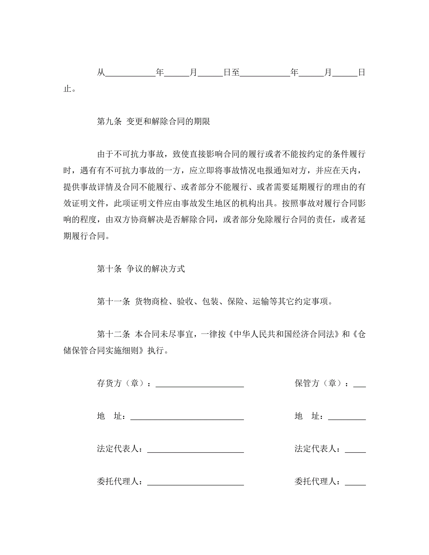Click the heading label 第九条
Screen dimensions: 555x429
(109, 121)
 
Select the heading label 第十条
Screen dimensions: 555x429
(109, 269)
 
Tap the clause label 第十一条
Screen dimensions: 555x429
(113, 301)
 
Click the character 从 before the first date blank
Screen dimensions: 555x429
(101, 72)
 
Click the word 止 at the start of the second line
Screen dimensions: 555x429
(67, 89)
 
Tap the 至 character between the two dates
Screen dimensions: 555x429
(235, 72)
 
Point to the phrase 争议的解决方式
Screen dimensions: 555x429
(156, 269)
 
